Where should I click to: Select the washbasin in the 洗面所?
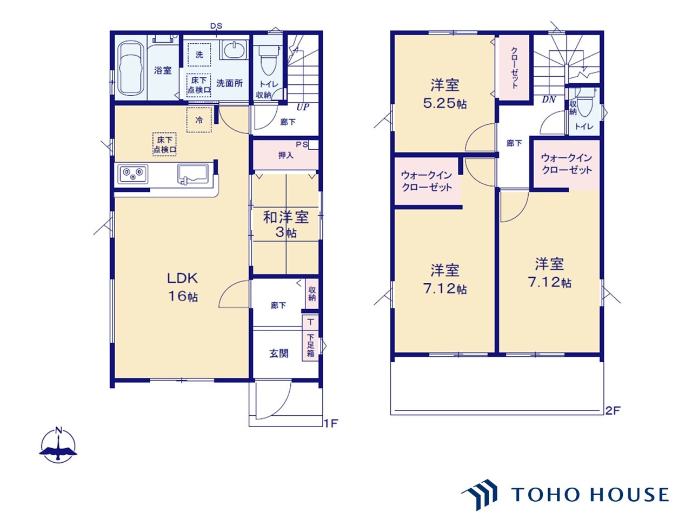pos(234,50)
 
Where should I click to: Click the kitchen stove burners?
pos(133,174)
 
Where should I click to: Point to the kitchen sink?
pos(192,174)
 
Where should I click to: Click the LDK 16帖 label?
pos(183,287)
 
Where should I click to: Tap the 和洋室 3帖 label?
pos(285,224)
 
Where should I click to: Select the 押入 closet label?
pos(285,155)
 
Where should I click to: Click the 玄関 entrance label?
pos(278,354)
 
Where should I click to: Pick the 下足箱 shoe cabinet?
pos(310,345)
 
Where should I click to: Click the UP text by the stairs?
pos(303,107)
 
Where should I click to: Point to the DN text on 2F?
pos(549,99)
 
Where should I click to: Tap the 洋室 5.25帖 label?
pos(445,94)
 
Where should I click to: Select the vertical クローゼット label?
pos(514,67)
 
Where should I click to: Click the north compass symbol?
pos(58,446)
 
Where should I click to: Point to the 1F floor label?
pos(331,423)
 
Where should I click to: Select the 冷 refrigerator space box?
pos(199,120)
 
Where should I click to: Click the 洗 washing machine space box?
pos(199,55)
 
